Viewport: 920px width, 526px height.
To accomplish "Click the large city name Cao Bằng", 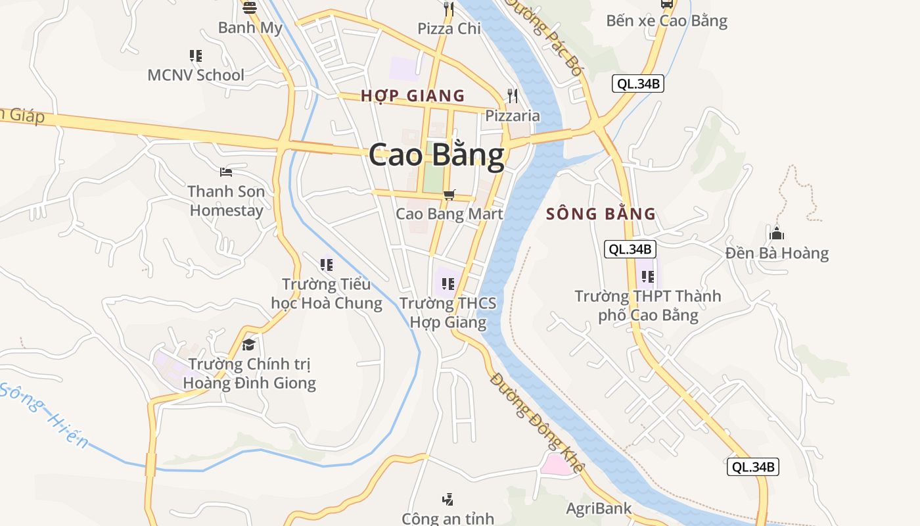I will pos(436,156).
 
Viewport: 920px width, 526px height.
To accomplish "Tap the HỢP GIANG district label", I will pos(413,96).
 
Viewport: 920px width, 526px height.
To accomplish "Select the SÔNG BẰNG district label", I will pos(601,214).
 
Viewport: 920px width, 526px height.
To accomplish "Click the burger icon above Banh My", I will pos(250,8).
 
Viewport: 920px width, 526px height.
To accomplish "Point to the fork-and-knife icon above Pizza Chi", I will pos(449,9).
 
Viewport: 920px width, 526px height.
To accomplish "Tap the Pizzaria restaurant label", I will pos(513,116).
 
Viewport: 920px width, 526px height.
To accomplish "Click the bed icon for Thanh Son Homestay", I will pos(226,172).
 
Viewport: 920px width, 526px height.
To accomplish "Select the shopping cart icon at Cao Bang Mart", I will pos(449,195).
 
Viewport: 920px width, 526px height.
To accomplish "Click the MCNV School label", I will pos(196,75).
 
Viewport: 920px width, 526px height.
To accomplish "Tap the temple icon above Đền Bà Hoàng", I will pos(777,233).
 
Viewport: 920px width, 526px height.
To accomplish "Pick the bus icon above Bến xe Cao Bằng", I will pos(666,4).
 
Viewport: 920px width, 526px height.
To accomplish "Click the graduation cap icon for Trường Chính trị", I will pos(248,345).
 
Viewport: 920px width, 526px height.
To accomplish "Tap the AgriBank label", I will pos(599,508).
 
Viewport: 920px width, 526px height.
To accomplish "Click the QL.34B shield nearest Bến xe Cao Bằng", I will pos(637,84).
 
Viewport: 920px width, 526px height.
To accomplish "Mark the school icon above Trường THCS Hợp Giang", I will pos(448,284).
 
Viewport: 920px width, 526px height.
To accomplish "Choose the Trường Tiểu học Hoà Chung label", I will pos(327,293).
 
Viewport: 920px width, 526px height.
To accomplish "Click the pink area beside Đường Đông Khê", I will pos(556,464).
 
